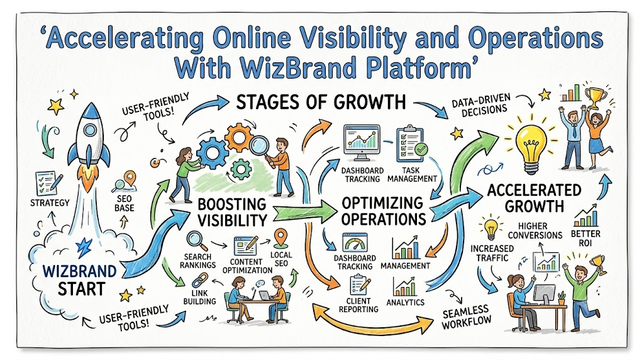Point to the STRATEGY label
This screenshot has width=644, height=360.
point(50,203)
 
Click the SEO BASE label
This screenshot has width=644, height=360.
point(124,203)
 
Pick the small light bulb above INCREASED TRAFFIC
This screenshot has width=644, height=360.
point(491,229)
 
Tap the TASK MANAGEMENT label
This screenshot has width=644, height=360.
point(412,175)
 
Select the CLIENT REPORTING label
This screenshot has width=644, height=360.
point(358,305)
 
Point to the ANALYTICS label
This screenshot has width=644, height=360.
point(406,303)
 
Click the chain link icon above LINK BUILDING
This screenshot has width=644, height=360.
point(199,280)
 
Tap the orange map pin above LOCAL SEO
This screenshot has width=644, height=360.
point(281,238)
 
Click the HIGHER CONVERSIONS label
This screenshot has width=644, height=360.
point(535,230)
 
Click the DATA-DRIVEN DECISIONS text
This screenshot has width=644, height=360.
point(481,106)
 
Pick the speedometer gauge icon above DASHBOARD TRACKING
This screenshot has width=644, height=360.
point(355,242)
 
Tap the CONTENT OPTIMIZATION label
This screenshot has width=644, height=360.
point(247,266)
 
